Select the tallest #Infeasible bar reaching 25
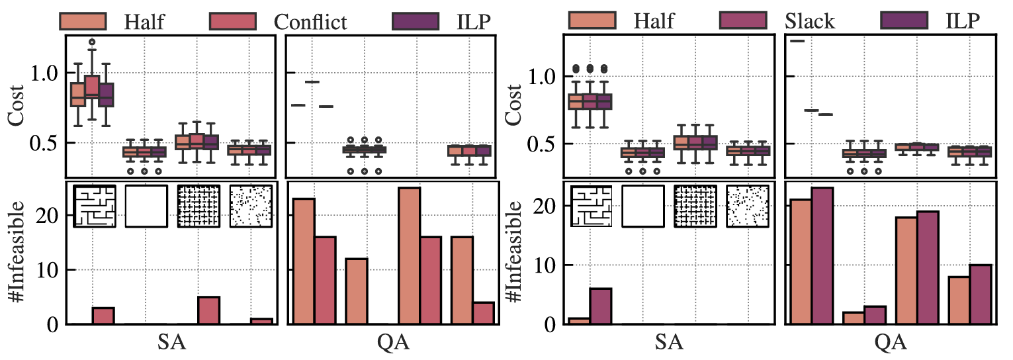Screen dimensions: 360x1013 click(409, 256)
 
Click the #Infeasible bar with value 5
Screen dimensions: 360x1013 click(209, 310)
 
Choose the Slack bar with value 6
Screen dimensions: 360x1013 click(600, 306)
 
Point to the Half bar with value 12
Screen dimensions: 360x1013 click(357, 291)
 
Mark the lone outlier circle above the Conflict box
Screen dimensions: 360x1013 click(92, 42)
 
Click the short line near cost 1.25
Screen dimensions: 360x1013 click(797, 41)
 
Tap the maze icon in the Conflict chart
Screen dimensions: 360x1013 click(94, 206)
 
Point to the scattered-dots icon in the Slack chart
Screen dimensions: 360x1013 click(748, 206)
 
